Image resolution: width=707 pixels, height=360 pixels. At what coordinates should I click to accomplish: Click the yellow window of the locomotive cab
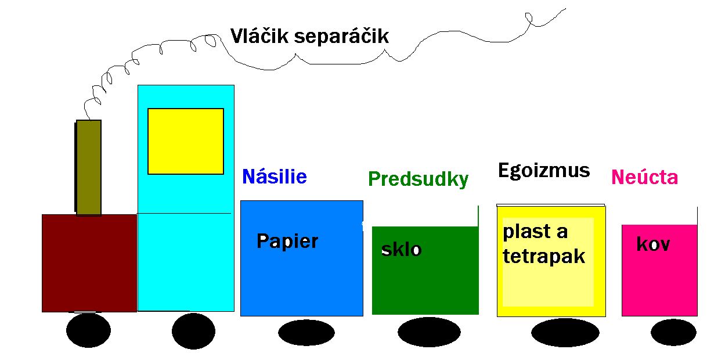pyautogui.click(x=186, y=141)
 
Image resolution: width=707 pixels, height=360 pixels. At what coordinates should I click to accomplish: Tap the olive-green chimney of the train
pyautogui.click(x=88, y=168)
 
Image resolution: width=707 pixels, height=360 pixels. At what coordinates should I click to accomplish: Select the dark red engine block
pyautogui.click(x=89, y=263)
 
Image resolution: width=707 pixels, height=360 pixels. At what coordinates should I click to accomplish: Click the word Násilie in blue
pyautogui.click(x=275, y=177)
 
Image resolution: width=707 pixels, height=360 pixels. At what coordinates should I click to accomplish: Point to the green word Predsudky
pyautogui.click(x=418, y=179)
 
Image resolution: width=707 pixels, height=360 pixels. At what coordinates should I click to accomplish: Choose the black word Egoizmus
pyautogui.click(x=544, y=171)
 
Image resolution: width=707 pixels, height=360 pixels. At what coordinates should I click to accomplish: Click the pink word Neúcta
pyautogui.click(x=644, y=177)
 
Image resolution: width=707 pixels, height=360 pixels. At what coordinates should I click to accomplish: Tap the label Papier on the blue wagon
pyautogui.click(x=287, y=242)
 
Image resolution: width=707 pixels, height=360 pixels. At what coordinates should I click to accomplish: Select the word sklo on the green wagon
pyautogui.click(x=401, y=249)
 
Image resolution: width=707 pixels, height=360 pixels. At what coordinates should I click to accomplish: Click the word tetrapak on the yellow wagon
pyautogui.click(x=544, y=256)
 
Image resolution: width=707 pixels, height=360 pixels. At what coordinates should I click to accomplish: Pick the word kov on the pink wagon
pyautogui.click(x=653, y=244)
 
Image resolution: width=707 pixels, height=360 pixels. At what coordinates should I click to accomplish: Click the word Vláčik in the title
pyautogui.click(x=259, y=35)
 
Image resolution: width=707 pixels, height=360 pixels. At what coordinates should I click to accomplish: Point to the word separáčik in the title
pyautogui.click(x=341, y=37)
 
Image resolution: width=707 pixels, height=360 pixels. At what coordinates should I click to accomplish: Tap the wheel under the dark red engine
pyautogui.click(x=88, y=330)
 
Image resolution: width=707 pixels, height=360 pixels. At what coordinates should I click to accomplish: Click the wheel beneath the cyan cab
pyautogui.click(x=193, y=332)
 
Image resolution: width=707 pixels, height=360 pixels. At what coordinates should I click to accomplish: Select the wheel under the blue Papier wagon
pyautogui.click(x=306, y=333)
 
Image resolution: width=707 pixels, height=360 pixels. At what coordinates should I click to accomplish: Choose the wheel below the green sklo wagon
pyautogui.click(x=429, y=332)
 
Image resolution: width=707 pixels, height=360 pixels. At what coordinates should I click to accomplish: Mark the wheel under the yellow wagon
pyautogui.click(x=565, y=333)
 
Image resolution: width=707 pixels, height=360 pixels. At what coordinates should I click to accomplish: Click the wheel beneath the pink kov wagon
pyautogui.click(x=673, y=332)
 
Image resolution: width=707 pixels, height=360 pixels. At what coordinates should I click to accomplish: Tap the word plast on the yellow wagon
pyautogui.click(x=527, y=232)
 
